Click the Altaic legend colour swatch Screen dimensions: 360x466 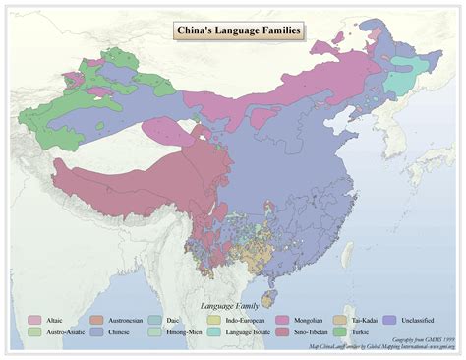click(x=35, y=320)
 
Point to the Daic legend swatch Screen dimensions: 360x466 click(x=155, y=320)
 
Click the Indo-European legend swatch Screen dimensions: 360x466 click(x=214, y=320)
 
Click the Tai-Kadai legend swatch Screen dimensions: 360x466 click(x=339, y=320)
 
